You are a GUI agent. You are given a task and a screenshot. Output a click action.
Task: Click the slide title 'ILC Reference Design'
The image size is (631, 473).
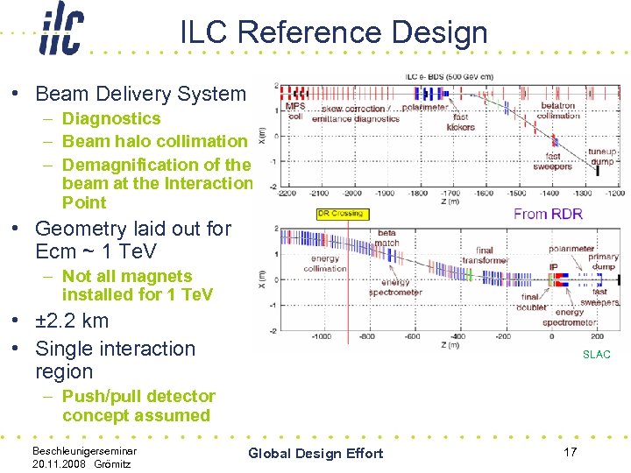coord(333,32)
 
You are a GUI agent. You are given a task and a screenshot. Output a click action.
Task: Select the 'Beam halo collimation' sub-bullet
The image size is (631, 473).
coord(155,141)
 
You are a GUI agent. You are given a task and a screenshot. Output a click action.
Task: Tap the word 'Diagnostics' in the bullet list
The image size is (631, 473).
coord(111,118)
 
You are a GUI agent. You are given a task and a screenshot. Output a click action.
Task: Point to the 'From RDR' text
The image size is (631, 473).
coord(549,214)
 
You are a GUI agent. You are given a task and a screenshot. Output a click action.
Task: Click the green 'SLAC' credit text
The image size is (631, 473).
coord(597,355)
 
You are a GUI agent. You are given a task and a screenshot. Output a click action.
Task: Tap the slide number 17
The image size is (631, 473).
coord(570,452)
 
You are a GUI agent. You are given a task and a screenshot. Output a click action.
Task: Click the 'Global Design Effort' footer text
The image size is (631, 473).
coord(315,453)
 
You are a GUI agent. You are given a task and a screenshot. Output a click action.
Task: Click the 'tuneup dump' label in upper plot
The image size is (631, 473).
coord(602,156)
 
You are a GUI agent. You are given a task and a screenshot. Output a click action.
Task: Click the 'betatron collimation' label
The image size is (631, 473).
coord(558,110)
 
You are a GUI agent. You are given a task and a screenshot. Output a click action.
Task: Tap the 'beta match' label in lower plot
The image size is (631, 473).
coord(386,237)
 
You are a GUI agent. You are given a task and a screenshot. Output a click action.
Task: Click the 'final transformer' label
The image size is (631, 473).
coord(485,255)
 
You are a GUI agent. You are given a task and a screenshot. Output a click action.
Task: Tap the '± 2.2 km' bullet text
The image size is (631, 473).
coord(72,321)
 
